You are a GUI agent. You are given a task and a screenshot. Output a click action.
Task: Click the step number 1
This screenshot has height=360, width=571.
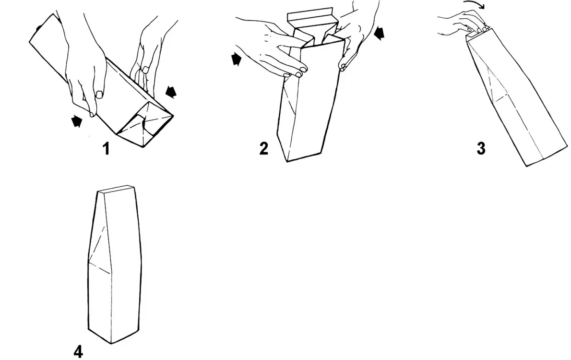[106, 149]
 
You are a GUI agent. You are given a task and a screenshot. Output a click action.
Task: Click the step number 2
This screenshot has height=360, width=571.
[263, 148]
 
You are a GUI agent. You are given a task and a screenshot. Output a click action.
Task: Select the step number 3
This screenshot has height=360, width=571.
[481, 148]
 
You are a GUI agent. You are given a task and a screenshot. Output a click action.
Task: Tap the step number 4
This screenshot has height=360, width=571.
[78, 352]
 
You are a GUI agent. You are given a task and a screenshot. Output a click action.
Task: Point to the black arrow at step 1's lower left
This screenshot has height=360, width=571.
[76, 121]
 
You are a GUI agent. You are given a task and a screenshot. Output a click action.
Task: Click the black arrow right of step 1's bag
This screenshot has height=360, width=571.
[171, 92]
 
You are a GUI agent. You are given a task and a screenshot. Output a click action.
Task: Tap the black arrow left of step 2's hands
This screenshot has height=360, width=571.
[237, 60]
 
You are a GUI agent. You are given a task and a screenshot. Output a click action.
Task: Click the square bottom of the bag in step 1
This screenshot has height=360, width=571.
[146, 123]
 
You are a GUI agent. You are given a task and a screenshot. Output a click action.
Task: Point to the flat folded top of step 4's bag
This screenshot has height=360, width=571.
[116, 189]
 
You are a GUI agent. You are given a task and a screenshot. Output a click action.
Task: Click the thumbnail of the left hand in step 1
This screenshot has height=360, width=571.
[99, 95]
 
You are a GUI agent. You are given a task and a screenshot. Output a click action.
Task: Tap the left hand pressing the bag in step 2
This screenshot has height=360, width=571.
[277, 51]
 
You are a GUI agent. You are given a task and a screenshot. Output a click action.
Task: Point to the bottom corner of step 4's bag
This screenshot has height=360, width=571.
[111, 343]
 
